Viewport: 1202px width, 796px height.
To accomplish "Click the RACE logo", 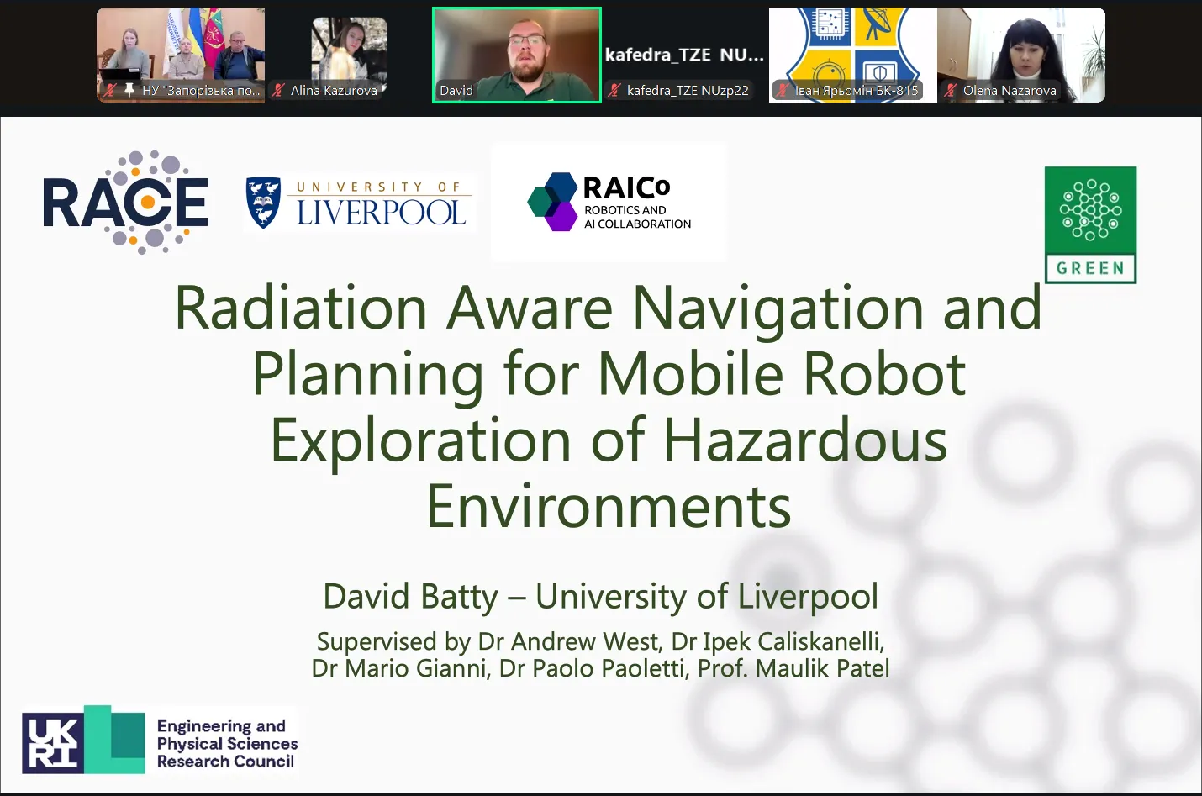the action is [125, 202].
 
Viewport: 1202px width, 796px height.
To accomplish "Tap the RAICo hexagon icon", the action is [552, 202].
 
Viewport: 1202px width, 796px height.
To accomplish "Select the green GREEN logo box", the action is [1090, 225].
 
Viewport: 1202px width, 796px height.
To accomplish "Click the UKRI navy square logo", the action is [53, 743].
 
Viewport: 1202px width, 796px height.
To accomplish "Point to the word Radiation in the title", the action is [301, 308].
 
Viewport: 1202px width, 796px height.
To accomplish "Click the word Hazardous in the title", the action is [805, 440].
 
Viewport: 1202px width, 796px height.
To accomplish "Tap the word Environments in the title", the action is [609, 506].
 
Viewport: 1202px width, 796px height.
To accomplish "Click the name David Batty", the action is [410, 596].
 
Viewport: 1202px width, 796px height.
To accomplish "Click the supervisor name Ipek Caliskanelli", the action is [792, 642].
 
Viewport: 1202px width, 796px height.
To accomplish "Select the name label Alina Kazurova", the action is [334, 91].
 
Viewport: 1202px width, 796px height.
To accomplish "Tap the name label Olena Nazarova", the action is [1010, 91].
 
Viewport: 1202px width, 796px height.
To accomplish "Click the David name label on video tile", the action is [456, 91].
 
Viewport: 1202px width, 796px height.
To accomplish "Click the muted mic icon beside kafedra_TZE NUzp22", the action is [614, 90].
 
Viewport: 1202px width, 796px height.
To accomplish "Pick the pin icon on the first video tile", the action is [129, 90].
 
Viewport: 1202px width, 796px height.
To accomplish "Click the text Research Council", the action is [225, 762].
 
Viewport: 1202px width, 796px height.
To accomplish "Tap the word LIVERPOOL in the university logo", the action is [381, 213].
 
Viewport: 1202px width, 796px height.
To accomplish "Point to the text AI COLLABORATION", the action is [637, 224].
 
